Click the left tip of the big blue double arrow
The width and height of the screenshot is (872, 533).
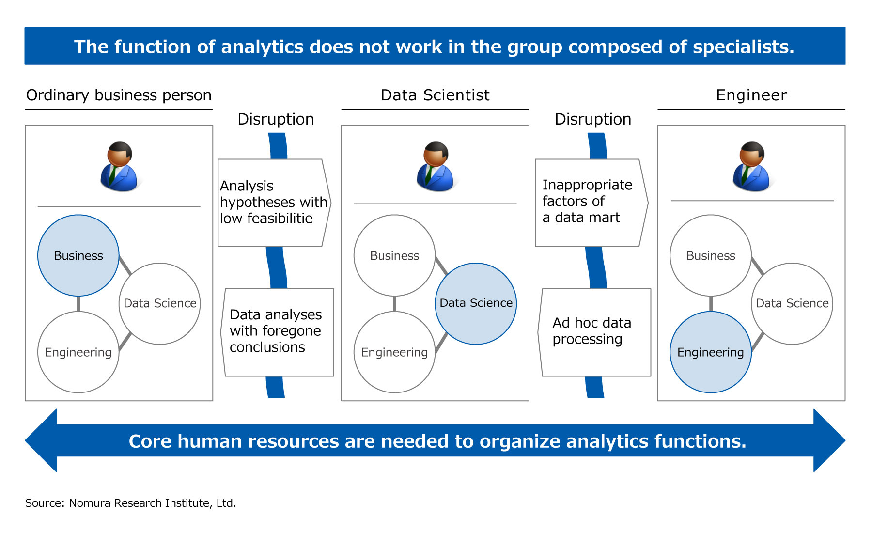coord(25,440)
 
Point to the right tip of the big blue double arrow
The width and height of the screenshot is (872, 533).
coord(845,440)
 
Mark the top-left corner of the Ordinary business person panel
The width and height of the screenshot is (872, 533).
coord(25,126)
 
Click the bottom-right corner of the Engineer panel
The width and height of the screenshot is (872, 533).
coord(845,401)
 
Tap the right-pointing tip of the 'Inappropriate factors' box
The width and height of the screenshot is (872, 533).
coord(648,203)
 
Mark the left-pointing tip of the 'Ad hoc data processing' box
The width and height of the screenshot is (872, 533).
coord(538,332)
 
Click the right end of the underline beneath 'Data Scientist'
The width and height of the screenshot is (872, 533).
coord(529,109)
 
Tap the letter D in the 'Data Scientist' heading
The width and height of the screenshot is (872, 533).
coord(386,95)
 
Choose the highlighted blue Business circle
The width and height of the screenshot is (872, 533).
coord(78,255)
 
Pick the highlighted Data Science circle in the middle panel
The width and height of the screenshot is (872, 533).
coord(476,303)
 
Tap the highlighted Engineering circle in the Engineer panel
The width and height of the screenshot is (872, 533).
coord(711,352)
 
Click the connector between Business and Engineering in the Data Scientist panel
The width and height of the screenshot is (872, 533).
coord(395,304)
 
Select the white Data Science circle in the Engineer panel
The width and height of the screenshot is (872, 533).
coord(792,303)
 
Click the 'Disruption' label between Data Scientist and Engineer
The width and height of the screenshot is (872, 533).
coord(593,119)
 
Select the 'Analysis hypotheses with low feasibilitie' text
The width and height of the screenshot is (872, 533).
coord(273,202)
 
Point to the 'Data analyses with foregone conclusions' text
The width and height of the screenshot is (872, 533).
coord(276,331)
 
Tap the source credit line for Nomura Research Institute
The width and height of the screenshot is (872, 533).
coord(131,503)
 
